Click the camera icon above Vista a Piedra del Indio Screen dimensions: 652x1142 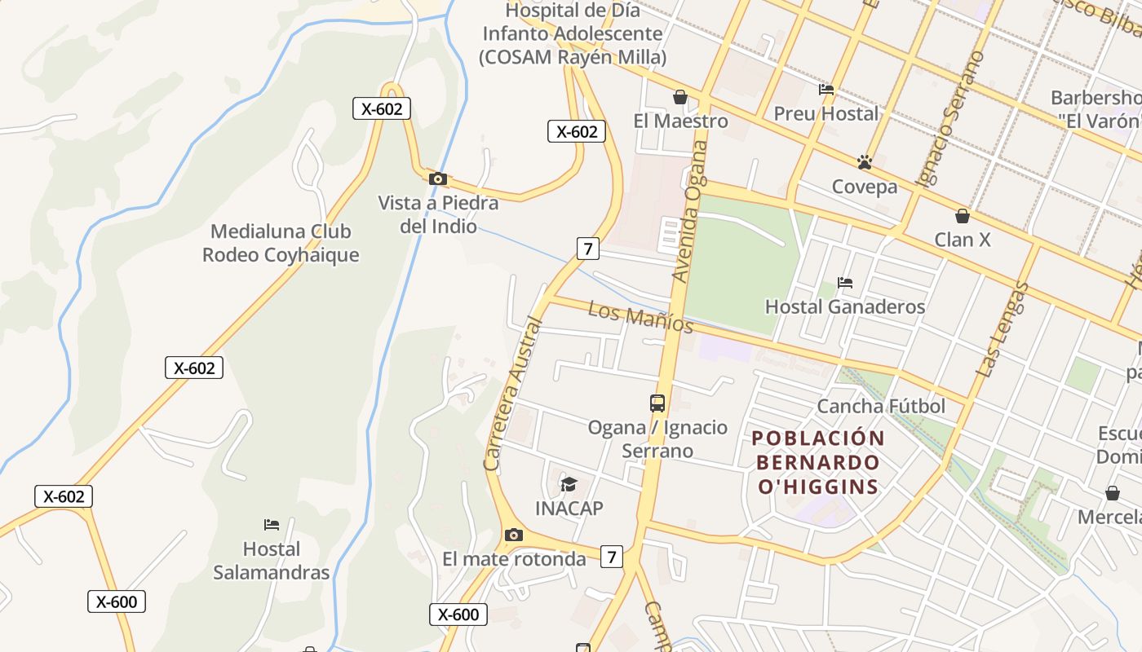pos(438,178)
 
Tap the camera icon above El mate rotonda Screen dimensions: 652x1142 pos(513,535)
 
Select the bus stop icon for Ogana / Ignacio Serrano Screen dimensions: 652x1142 pos(657,403)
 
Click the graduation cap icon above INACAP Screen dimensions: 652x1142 pos(569,485)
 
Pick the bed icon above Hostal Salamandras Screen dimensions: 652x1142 pos(272,524)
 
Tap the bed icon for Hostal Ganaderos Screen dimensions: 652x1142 pos(845,283)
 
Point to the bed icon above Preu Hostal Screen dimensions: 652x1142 pos(826,90)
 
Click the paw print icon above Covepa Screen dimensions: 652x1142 pos(865,162)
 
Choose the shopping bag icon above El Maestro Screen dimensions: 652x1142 pos(680,97)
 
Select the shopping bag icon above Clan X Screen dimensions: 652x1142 pos(963,216)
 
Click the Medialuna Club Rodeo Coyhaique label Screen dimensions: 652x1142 pos(281,243)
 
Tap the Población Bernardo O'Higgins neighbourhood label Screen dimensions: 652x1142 pos(818,462)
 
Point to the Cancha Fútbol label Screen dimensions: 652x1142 pos(881,406)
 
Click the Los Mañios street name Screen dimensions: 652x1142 pos(640,318)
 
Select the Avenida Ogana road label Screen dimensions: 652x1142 pos(688,211)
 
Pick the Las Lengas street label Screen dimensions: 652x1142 pos(1002,329)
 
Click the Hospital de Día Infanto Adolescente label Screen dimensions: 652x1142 pos(573,34)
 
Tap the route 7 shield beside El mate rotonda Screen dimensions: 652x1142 pos(611,557)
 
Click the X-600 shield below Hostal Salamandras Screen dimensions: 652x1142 pos(117,602)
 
